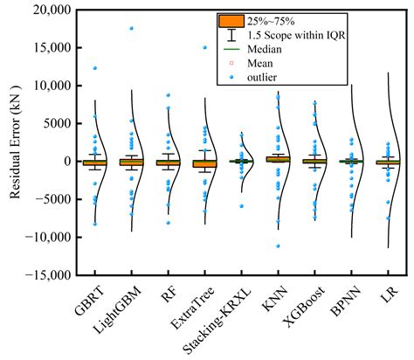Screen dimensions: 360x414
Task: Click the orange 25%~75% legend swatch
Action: [231, 19]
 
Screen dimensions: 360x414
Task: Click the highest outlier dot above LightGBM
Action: [131, 28]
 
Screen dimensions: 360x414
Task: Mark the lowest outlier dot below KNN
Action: [278, 246]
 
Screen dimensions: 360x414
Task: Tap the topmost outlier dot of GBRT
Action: [94, 68]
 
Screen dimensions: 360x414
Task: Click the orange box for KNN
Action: [277, 159]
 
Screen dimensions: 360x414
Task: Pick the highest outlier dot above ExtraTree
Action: [204, 47]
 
